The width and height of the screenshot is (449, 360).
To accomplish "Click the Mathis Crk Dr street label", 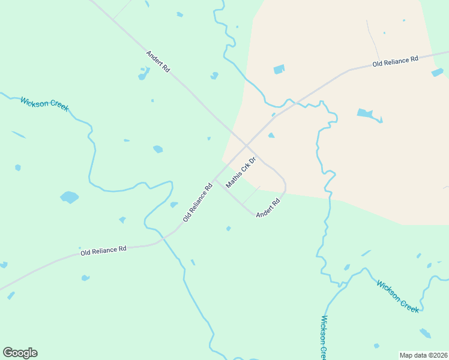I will (241, 173).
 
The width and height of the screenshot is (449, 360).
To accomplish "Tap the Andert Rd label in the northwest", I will (158, 62).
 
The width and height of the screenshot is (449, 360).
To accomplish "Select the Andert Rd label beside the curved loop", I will (268, 208).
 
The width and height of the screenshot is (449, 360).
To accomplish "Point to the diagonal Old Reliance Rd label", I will (197, 202).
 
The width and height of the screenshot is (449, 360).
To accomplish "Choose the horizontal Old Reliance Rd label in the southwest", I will (103, 251).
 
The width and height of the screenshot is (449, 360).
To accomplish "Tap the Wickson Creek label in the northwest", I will (44, 104).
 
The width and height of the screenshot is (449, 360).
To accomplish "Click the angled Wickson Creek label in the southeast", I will (397, 295).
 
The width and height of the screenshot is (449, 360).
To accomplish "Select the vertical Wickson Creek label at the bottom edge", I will (324, 336).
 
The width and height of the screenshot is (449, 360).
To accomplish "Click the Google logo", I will (20, 353).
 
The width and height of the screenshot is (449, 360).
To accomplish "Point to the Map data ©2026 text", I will (423, 355).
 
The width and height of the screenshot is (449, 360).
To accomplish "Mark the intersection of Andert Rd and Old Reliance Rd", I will (247, 145).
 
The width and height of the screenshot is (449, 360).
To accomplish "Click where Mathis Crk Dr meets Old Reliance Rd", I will (215, 179).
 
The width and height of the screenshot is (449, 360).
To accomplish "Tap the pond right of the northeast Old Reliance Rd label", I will (437, 73).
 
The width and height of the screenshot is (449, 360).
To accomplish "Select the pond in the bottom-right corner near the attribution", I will (425, 333).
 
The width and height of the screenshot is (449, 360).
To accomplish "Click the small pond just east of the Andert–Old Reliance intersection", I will (271, 136).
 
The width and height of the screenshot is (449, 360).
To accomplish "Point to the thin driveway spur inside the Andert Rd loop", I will (252, 194).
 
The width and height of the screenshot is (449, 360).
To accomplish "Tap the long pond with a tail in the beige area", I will (366, 113).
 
